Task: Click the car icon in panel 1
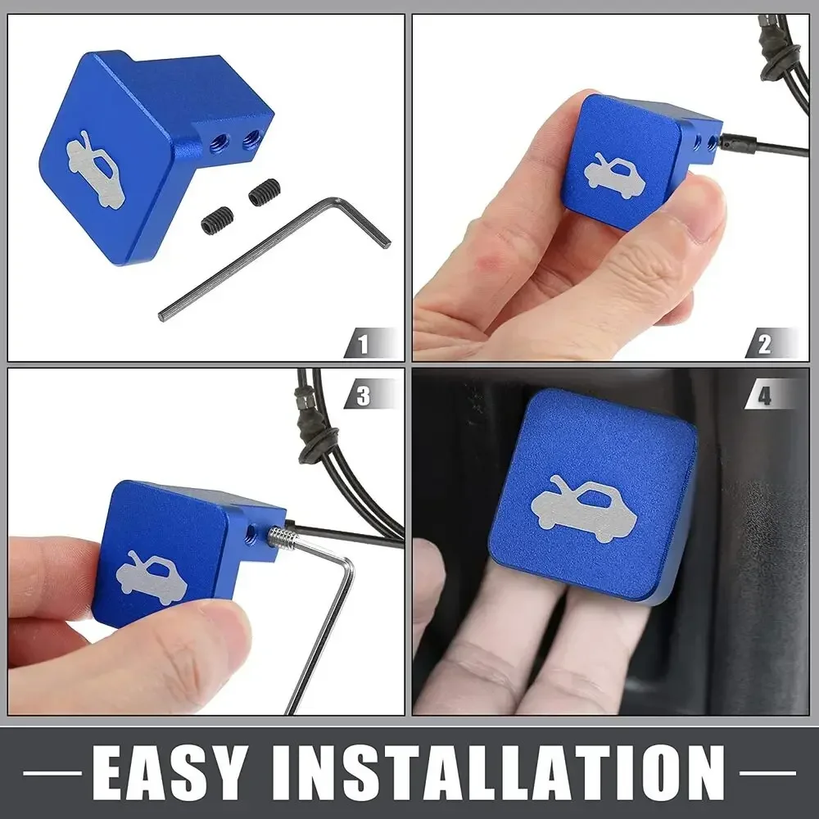96,170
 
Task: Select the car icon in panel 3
152,577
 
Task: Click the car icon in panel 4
584,509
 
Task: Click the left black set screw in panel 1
217,220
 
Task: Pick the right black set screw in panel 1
265,192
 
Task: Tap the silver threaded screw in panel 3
281,536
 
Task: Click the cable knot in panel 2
781,57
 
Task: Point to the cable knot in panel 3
317,444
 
